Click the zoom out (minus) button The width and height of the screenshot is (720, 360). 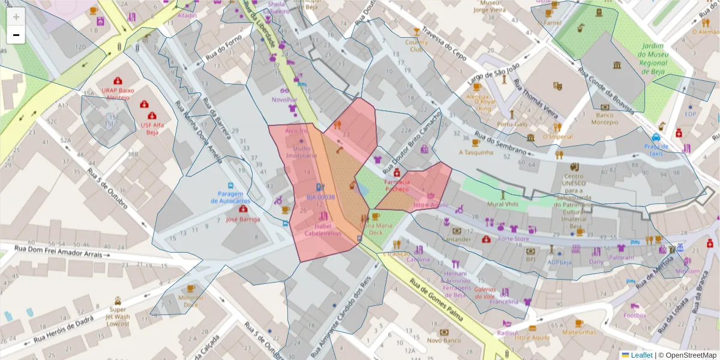(16, 35)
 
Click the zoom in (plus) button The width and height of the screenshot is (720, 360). (16, 17)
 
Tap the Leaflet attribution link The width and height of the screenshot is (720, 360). (637, 355)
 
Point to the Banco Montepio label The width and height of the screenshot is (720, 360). (605, 118)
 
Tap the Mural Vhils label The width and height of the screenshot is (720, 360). (503, 204)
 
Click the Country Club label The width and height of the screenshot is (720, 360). (416, 46)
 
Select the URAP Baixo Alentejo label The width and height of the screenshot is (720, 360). (118, 94)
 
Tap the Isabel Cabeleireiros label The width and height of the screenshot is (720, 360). (327, 230)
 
